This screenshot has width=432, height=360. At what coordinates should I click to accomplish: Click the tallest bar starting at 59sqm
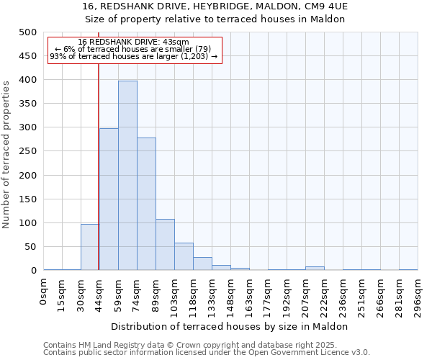coord(127,176)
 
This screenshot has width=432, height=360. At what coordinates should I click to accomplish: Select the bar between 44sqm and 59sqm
coord(109,199)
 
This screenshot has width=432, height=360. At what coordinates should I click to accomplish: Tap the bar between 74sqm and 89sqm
coord(146,204)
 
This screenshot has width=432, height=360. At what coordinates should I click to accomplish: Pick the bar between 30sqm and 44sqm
coord(90,247)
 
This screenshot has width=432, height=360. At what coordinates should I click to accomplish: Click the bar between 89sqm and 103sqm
coord(165,245)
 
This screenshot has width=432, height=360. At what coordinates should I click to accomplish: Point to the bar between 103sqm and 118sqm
coord(184,256)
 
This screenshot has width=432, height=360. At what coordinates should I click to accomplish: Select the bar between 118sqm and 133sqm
coord(202,264)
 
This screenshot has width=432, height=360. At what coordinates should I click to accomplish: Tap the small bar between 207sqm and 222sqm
coord(315,269)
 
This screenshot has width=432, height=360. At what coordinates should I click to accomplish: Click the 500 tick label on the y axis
coord(27,32)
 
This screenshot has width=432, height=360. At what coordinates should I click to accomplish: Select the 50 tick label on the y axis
coord(30,247)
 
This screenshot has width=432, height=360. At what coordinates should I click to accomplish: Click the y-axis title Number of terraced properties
coord(6,154)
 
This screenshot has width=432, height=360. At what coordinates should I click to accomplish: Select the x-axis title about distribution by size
coord(230,326)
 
